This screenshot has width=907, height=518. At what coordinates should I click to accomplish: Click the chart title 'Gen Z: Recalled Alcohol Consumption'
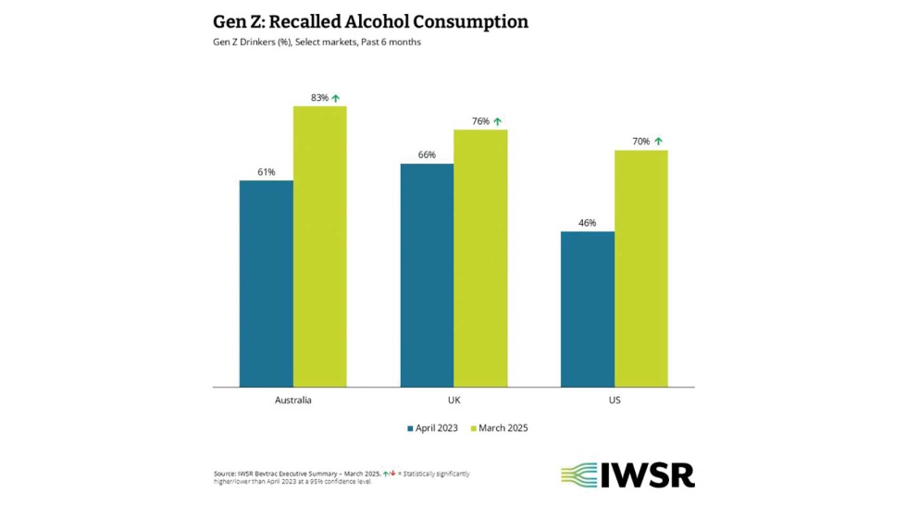coord(370,21)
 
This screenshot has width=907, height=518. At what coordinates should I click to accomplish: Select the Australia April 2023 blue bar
coord(266,283)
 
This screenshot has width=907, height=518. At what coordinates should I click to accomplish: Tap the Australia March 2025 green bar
coord(319,246)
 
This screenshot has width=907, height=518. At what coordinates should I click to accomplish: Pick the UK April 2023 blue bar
coord(427,275)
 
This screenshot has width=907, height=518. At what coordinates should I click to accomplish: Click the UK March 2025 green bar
coord(480,258)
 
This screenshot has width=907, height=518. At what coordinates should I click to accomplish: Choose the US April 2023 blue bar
coord(588,309)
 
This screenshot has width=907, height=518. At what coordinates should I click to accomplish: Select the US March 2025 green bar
coord(640,268)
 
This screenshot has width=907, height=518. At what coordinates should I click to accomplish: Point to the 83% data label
coord(319,98)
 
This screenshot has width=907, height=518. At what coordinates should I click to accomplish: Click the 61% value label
coord(266,172)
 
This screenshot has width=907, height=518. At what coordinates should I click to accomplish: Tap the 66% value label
coord(427,155)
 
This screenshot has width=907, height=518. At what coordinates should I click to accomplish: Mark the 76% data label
coord(480,121)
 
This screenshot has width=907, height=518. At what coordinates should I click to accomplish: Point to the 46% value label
coord(588,223)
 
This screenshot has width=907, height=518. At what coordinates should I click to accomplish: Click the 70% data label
coord(640,142)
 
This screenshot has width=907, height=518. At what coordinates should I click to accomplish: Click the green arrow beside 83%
coord(336,98)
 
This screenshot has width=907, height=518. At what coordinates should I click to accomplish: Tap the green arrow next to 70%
coord(658,142)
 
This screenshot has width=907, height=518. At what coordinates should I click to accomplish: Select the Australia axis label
coord(292,401)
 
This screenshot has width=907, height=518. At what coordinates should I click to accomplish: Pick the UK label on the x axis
coord(453,401)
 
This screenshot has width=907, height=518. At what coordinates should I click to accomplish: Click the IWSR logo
coord(627,475)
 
